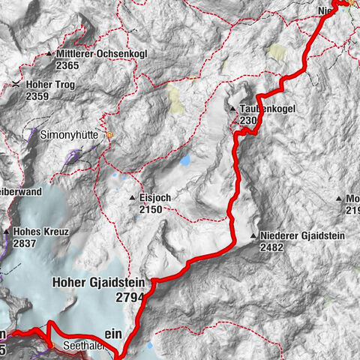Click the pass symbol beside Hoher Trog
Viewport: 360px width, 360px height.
16,85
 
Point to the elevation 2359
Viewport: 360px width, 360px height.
37,96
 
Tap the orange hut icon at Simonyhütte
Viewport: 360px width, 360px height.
109,136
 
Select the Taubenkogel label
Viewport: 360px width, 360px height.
268,109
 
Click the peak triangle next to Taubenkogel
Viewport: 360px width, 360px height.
232,109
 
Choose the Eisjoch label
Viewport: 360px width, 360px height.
155,198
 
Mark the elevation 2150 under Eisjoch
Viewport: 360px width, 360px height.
150,209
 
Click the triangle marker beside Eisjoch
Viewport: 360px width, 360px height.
132,198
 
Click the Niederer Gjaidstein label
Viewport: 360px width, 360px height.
302,235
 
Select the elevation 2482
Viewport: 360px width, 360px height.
274,247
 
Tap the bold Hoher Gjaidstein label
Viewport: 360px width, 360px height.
97,283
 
